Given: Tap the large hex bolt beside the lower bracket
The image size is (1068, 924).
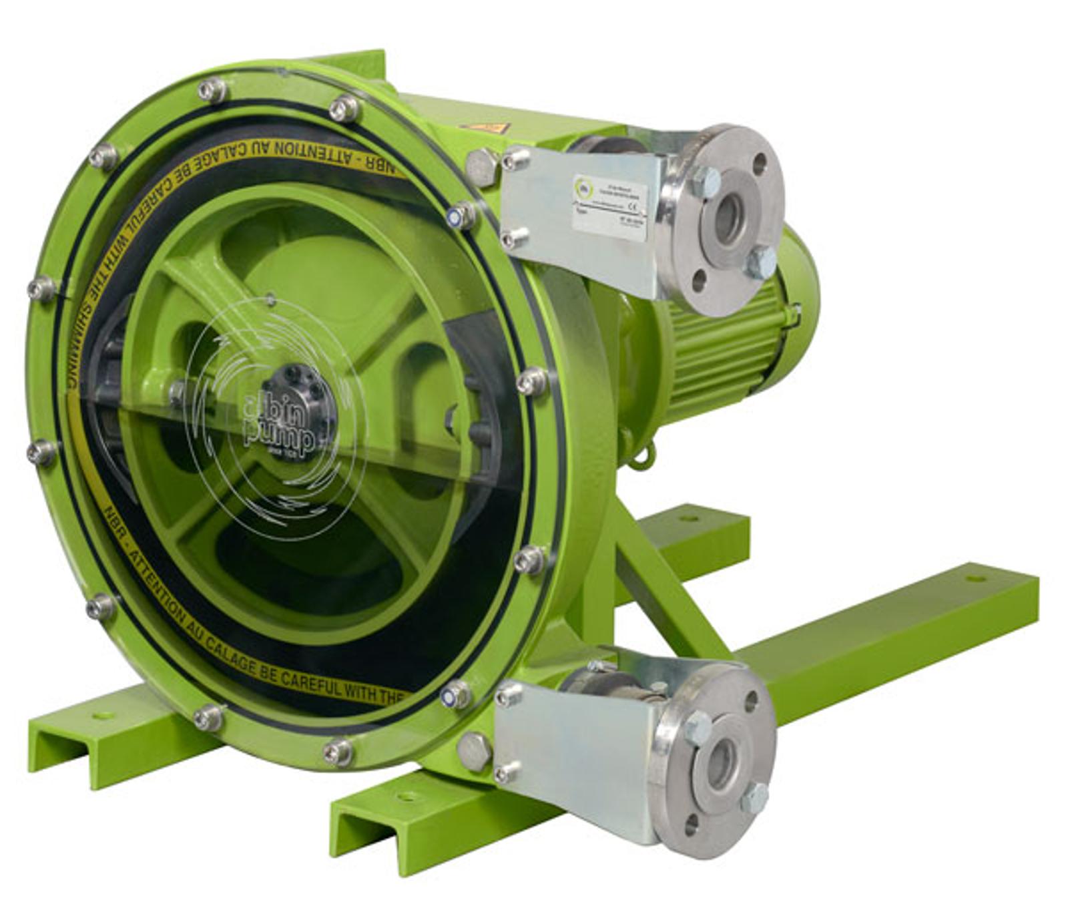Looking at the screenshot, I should (475, 751).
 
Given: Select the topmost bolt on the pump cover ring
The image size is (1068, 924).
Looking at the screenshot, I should (212, 90).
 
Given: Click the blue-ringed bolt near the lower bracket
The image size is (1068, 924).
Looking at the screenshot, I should (455, 695).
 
